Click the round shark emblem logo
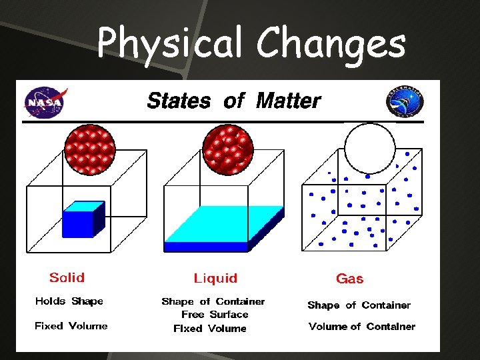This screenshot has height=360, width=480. (405, 103)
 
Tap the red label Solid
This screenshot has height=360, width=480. (67, 277)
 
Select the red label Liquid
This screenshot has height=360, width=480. (215, 278)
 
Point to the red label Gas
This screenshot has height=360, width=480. (350, 279)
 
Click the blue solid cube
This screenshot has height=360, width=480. (83, 220)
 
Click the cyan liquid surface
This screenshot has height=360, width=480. (223, 223)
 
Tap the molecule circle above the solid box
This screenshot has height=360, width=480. (89, 149)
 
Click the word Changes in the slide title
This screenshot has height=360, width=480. (331, 44)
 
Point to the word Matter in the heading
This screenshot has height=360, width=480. (288, 101)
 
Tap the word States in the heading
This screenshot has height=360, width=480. (178, 101)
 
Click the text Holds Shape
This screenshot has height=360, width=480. (69, 301)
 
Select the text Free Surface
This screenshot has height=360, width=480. (215, 315)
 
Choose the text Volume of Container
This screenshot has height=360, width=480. (362, 327)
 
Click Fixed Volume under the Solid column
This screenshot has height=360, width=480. (71, 326)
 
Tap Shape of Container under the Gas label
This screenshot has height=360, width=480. (359, 305)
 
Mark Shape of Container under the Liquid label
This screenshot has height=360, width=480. (213, 301)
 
